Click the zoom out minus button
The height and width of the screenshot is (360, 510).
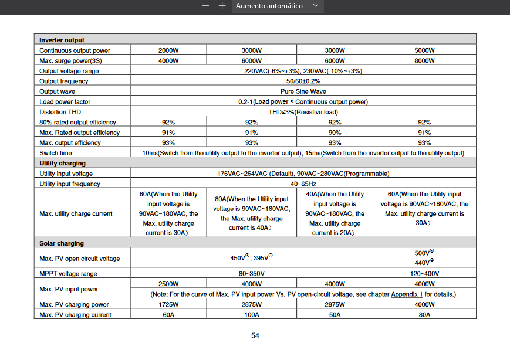click(x=205, y=6)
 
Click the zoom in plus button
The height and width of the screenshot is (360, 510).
click(x=222, y=6)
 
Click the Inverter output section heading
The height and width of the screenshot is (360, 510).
click(x=62, y=40)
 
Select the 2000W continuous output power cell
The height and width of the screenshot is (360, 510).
click(x=168, y=50)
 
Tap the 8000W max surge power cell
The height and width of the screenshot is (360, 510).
click(x=424, y=60)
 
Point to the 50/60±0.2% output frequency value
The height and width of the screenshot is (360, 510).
click(x=303, y=81)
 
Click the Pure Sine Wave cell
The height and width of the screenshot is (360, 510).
click(x=303, y=91)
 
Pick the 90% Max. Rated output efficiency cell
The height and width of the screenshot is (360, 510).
click(x=335, y=133)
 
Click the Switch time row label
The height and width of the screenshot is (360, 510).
click(x=56, y=153)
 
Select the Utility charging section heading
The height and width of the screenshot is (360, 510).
click(x=62, y=163)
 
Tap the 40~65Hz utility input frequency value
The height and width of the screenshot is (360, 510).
click(x=303, y=184)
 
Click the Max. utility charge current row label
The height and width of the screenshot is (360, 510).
click(x=76, y=213)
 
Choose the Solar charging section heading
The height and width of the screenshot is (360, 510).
click(x=62, y=243)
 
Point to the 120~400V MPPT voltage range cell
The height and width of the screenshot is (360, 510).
click(x=424, y=274)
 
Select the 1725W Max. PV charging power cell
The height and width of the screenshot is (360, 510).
click(x=168, y=305)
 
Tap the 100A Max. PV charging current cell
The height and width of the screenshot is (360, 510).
click(x=252, y=315)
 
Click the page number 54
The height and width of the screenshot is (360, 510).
click(x=255, y=336)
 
